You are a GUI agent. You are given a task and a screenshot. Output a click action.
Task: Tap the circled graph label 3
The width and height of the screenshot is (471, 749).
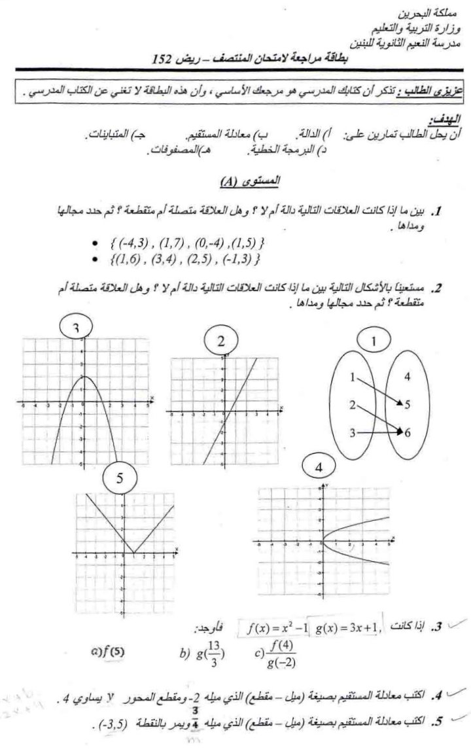pyautogui.click(x=77, y=327)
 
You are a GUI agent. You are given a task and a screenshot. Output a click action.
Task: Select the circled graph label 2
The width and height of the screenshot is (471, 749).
pyautogui.click(x=221, y=340)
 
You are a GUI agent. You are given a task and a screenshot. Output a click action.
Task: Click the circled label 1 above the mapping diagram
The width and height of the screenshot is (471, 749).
pyautogui.click(x=374, y=340)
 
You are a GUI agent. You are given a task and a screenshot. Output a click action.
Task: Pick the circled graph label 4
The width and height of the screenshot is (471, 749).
pyautogui.click(x=319, y=468)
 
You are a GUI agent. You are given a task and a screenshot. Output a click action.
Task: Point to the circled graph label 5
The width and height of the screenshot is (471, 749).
pyautogui.click(x=120, y=478)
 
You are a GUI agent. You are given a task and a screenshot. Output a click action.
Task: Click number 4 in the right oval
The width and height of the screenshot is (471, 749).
pyautogui.click(x=407, y=376)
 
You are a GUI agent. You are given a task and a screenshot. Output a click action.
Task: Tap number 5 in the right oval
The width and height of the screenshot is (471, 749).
pyautogui.click(x=407, y=405)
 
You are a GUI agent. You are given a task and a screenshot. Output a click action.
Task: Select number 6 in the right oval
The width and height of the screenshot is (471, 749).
pyautogui.click(x=407, y=432)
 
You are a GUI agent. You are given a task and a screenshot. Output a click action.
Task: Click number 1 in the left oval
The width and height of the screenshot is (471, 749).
pyautogui.click(x=353, y=377)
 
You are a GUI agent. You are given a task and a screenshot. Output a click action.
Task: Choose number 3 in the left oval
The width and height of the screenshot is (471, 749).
pyautogui.click(x=352, y=432)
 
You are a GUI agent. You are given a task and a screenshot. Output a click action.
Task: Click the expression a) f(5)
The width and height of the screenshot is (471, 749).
pyautogui.click(x=107, y=652)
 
